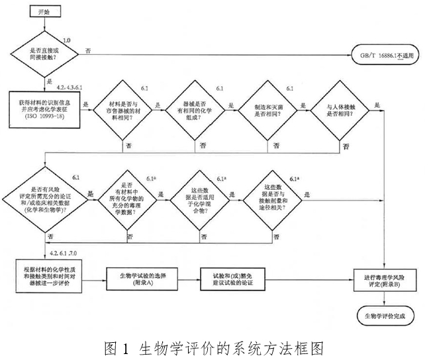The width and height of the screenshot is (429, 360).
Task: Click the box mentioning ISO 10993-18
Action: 44,112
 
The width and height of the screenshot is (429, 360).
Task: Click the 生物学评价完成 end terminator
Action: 386,316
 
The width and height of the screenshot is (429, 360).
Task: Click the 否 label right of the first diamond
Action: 88,50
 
